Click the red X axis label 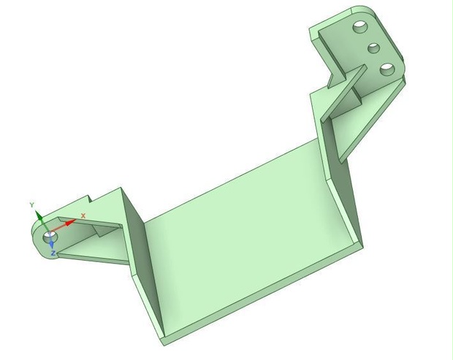point(83,215)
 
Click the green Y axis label point(31,205)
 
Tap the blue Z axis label point(53,253)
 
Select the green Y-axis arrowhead point(39,215)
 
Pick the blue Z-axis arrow point(51,240)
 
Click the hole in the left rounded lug point(50,237)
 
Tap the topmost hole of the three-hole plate point(360,27)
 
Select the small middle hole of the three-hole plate point(374,47)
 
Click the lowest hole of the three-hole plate point(387,69)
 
